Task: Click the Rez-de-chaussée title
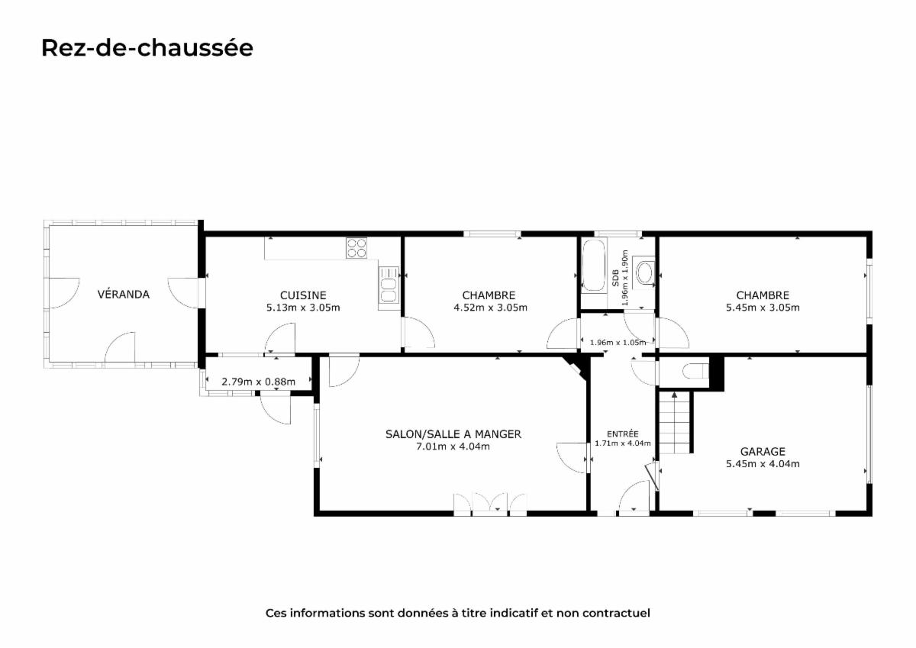pyautogui.click(x=147, y=48)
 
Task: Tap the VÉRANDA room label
pyautogui.click(x=124, y=294)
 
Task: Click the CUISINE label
pyautogui.click(x=303, y=295)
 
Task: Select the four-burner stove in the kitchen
pyautogui.click(x=356, y=248)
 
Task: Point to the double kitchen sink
pyautogui.click(x=389, y=289)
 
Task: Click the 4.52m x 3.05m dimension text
pyautogui.click(x=490, y=308)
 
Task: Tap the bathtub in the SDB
pyautogui.click(x=593, y=266)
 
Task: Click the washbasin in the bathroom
pyautogui.click(x=645, y=272)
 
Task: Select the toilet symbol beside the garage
pyautogui.click(x=695, y=371)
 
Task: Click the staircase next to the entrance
pyautogui.click(x=674, y=422)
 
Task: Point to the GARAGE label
pyautogui.click(x=763, y=451)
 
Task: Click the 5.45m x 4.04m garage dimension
pyautogui.click(x=763, y=463)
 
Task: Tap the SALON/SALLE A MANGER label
pyautogui.click(x=453, y=434)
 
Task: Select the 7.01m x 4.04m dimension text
pyautogui.click(x=453, y=446)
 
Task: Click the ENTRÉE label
pyautogui.click(x=622, y=434)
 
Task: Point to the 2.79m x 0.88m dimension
pyautogui.click(x=259, y=382)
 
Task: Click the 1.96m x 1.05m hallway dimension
pyautogui.click(x=618, y=342)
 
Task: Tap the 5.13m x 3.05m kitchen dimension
pyautogui.click(x=303, y=308)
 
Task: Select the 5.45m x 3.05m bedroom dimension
pyautogui.click(x=763, y=308)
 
